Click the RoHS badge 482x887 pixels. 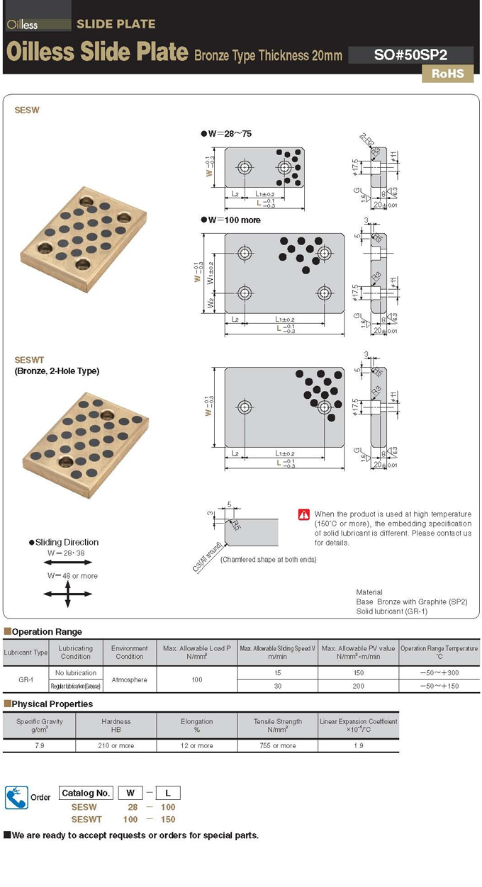pyautogui.click(x=447, y=73)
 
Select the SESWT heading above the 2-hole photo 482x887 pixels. pyautogui.click(x=29, y=360)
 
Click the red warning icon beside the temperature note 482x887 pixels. pyautogui.click(x=304, y=514)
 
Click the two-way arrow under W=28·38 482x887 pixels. pyautogui.click(x=68, y=561)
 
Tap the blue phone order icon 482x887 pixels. pyautogui.click(x=16, y=797)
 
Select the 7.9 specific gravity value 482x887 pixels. pyautogui.click(x=39, y=745)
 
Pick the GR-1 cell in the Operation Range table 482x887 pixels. pyautogui.click(x=26, y=679)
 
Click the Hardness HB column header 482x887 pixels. pyautogui.click(x=116, y=725)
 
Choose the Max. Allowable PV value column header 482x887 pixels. pyautogui.click(x=357, y=652)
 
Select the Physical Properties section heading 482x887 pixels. pyautogui.click(x=52, y=704)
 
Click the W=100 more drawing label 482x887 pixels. pyautogui.click(x=234, y=220)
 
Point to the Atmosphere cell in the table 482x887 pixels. pyautogui.click(x=129, y=679)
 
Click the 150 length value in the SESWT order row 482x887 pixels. pyautogui.click(x=168, y=819)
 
